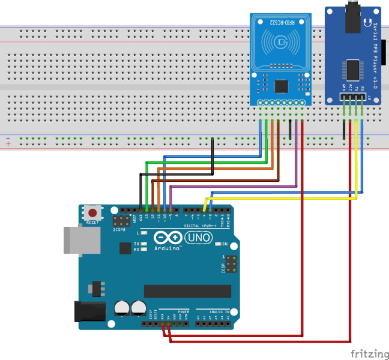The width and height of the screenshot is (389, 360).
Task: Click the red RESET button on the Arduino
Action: click(93, 213)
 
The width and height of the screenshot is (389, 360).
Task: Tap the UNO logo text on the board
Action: click(199, 238)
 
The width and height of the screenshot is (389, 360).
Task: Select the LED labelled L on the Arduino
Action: click(144, 232)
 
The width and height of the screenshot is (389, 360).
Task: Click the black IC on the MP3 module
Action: click(354, 69)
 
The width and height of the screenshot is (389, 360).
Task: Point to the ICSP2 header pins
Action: click(121, 221)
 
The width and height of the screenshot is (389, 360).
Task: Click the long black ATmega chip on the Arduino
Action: click(187, 291)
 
